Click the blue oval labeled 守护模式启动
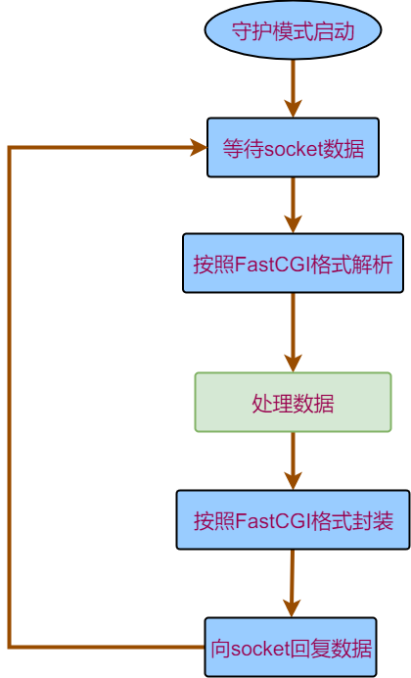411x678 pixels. (x=292, y=30)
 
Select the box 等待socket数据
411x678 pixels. (x=293, y=148)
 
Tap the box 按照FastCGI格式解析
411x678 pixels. (x=293, y=263)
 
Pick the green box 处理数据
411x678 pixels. (x=293, y=402)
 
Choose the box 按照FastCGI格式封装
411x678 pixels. (x=293, y=519)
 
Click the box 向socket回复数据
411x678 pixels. (x=291, y=647)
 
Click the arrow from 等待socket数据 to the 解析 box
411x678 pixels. (x=293, y=204)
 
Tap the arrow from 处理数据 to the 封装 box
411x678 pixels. (x=293, y=460)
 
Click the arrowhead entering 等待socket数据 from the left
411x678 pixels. (x=198, y=148)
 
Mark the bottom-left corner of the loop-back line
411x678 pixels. (x=10, y=647)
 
